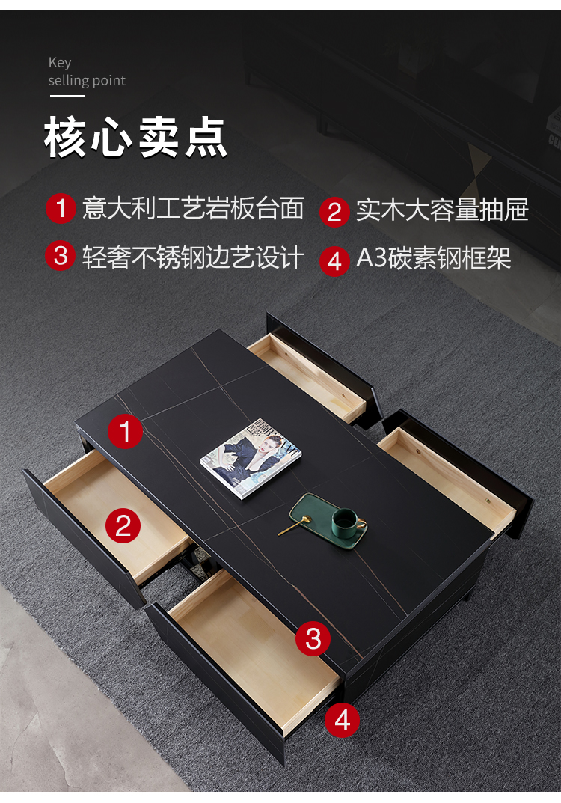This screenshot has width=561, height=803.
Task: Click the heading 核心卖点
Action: (x=135, y=137)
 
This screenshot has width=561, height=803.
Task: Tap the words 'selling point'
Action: (x=87, y=80)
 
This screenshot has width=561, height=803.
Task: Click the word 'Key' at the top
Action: (x=60, y=62)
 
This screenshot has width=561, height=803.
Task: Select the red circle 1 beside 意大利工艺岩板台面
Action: (x=61, y=208)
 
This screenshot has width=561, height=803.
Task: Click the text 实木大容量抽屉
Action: (x=442, y=210)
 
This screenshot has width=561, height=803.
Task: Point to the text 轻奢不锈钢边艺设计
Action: (x=193, y=257)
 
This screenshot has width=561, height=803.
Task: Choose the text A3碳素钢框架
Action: (x=434, y=257)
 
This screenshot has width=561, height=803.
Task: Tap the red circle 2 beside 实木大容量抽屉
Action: (x=334, y=211)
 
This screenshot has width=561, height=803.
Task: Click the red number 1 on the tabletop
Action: (x=126, y=431)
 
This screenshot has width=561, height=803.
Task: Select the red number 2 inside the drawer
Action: (x=123, y=525)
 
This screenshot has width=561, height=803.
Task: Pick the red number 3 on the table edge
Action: (x=313, y=638)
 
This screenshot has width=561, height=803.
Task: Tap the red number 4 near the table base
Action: (x=342, y=721)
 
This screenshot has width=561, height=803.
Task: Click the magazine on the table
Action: (x=251, y=457)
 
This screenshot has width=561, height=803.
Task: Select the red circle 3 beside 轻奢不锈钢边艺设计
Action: (x=61, y=255)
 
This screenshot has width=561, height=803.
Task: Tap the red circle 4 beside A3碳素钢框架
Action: (x=334, y=261)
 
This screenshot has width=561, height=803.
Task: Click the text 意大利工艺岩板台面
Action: (x=193, y=208)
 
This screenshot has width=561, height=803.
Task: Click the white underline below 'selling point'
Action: (x=67, y=95)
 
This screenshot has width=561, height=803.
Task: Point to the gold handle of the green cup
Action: (x=361, y=525)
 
